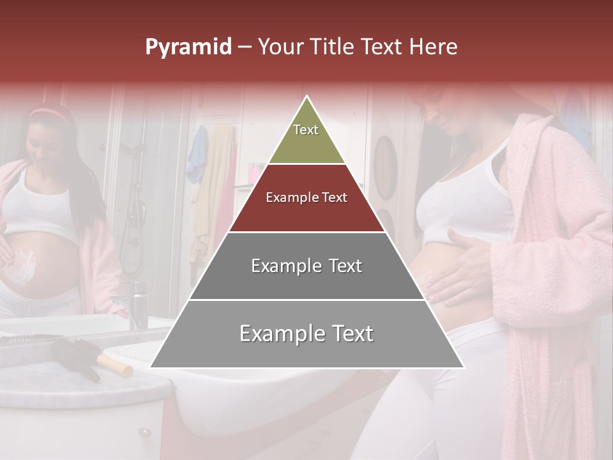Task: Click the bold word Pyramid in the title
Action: click(x=188, y=47)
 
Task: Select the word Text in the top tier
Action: click(x=306, y=130)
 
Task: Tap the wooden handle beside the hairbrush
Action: click(x=115, y=365)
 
